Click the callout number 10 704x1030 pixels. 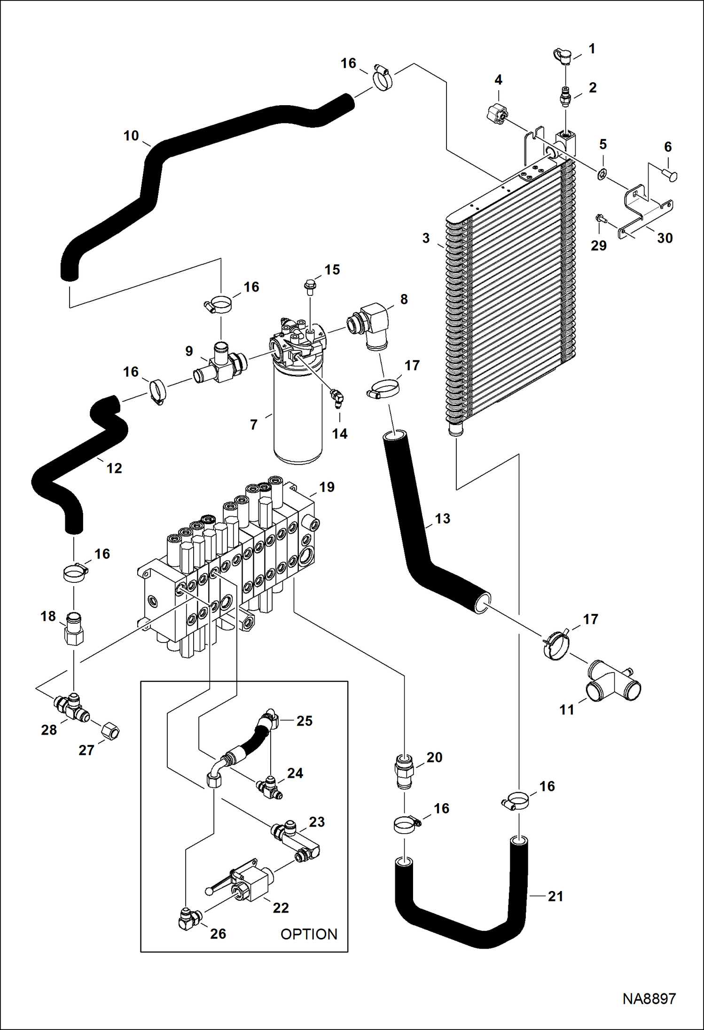131,136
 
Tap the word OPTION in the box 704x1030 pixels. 309,934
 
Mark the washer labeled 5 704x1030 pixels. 602,176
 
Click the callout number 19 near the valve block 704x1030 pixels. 327,487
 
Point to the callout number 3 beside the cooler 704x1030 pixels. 426,238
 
